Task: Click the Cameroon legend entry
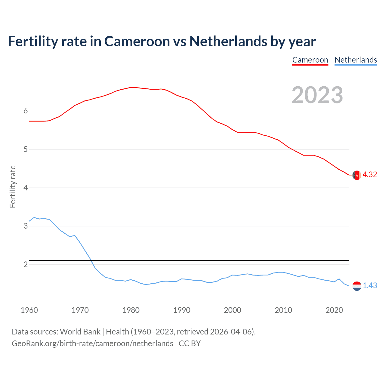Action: [x=310, y=60]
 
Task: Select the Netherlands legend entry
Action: [x=356, y=60]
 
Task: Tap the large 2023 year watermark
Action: [x=317, y=95]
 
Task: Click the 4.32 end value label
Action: [x=370, y=175]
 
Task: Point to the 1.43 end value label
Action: [x=370, y=286]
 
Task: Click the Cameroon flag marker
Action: [x=357, y=175]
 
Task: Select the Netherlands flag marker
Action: [x=357, y=286]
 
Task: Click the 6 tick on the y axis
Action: [x=26, y=111]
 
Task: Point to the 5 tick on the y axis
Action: [x=26, y=149]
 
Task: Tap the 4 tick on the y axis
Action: [x=26, y=188]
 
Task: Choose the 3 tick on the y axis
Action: [x=26, y=226]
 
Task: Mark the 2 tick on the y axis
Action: [x=26, y=264]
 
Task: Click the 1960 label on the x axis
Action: [x=29, y=310]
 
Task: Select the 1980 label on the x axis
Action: [x=131, y=310]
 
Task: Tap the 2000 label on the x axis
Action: [x=233, y=310]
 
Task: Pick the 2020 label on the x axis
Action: [x=334, y=310]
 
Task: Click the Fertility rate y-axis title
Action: [x=13, y=186]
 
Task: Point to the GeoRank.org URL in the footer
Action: [x=92, y=343]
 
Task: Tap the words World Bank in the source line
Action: [x=80, y=332]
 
